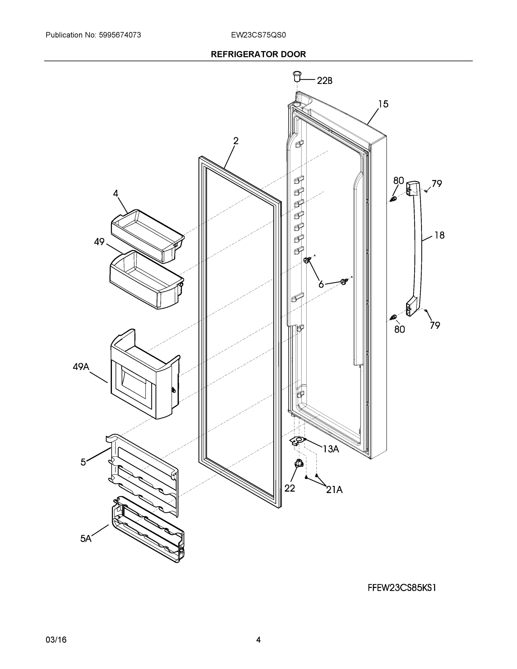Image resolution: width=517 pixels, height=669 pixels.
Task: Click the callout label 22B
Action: (x=324, y=81)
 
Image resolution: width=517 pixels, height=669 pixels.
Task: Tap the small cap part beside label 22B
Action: (x=297, y=76)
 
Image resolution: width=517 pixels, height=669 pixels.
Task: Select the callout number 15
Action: (x=383, y=104)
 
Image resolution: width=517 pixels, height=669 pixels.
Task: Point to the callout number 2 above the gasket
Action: (x=236, y=141)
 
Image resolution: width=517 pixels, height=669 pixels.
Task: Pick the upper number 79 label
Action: (x=437, y=184)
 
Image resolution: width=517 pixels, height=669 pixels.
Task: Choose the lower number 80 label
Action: (x=399, y=329)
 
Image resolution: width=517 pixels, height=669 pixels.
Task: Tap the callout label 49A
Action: (x=81, y=367)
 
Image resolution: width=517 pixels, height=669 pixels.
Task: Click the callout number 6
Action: (x=321, y=285)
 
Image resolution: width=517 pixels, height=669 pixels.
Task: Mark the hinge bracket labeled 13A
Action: (x=296, y=441)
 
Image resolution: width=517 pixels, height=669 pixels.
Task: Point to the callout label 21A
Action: (x=334, y=490)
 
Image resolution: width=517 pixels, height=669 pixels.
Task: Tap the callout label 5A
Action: (x=86, y=539)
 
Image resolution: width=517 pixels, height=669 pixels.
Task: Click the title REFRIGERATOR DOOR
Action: (x=258, y=54)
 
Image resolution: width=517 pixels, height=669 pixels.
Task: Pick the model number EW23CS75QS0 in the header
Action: (x=258, y=35)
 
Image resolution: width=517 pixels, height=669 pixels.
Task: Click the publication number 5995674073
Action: (x=120, y=35)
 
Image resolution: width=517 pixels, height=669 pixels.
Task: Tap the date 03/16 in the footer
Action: (x=56, y=640)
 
